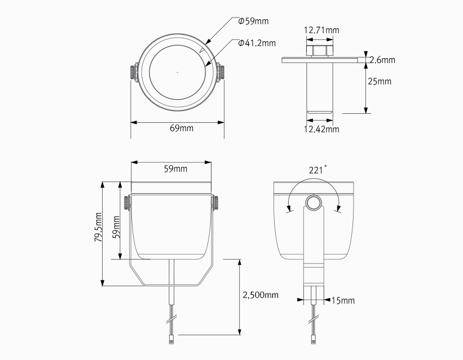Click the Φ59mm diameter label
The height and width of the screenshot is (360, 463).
(253, 21)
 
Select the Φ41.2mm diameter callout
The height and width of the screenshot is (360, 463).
(257, 43)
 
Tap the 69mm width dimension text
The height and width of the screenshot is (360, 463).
(182, 128)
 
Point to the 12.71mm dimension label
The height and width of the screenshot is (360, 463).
(321, 30)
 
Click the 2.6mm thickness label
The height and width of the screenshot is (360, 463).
(382, 60)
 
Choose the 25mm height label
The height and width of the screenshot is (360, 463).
(380, 81)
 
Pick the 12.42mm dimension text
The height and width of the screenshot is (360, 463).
(321, 129)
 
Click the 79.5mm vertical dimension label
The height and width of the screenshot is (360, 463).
(98, 227)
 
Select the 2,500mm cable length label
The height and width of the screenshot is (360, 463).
(261, 295)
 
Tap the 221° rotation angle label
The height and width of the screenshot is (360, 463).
(318, 170)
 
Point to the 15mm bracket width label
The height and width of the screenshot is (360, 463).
(343, 300)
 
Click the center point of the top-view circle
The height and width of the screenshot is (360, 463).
(177, 72)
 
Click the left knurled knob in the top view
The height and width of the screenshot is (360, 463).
(132, 72)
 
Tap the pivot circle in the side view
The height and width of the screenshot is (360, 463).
(314, 202)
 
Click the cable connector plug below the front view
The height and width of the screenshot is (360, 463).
(171, 339)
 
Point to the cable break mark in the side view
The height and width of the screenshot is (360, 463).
(314, 319)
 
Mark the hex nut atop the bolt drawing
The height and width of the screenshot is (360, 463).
(320, 51)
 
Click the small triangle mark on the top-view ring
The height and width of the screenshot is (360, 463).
(202, 51)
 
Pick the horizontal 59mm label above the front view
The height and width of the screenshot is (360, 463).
(176, 169)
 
